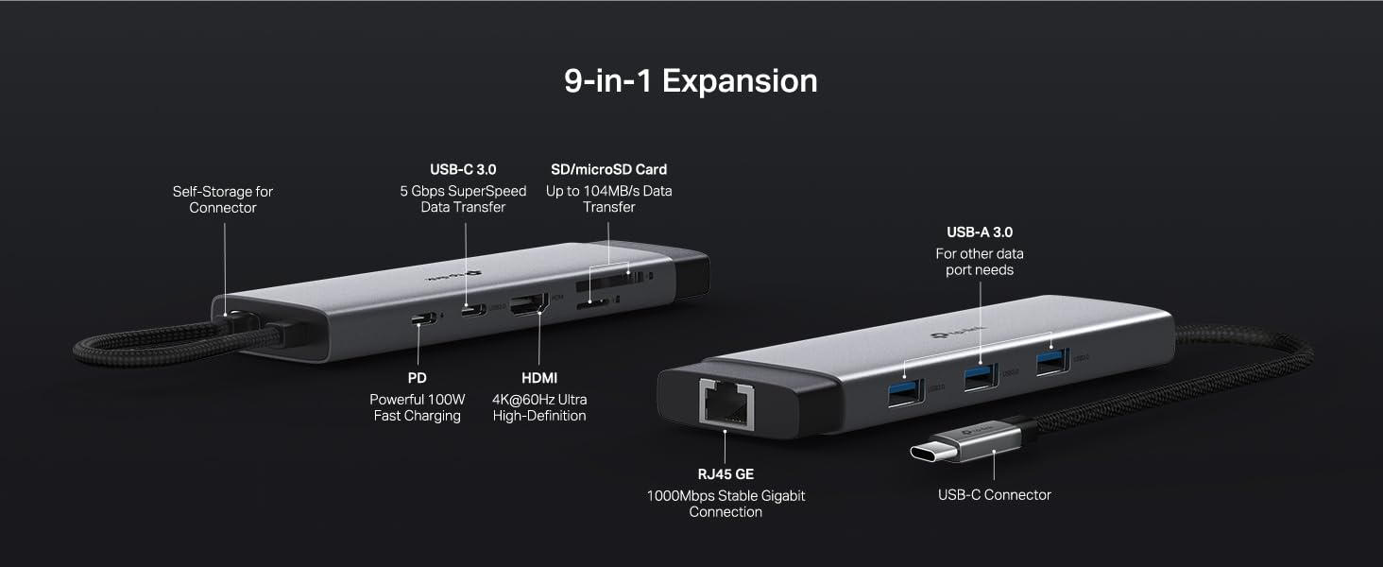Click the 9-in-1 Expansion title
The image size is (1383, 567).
(x=691, y=81)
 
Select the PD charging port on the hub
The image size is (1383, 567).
(x=424, y=318)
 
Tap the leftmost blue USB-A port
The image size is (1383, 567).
(x=904, y=389)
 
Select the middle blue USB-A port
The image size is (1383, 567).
(x=980, y=376)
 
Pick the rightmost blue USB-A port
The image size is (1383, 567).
(x=1051, y=361)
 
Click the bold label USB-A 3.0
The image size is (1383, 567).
(x=980, y=232)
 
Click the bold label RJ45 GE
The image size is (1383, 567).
(x=726, y=474)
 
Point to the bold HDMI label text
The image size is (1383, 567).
(x=539, y=378)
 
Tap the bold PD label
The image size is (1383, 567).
(x=417, y=378)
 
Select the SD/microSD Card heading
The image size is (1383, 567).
(x=608, y=170)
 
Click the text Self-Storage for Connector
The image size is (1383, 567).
(x=223, y=199)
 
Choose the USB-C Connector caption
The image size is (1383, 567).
(x=994, y=495)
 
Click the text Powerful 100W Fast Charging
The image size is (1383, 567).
(x=417, y=407)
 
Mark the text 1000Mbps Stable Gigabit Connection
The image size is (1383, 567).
(x=726, y=504)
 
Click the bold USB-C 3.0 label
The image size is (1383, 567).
(x=463, y=170)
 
